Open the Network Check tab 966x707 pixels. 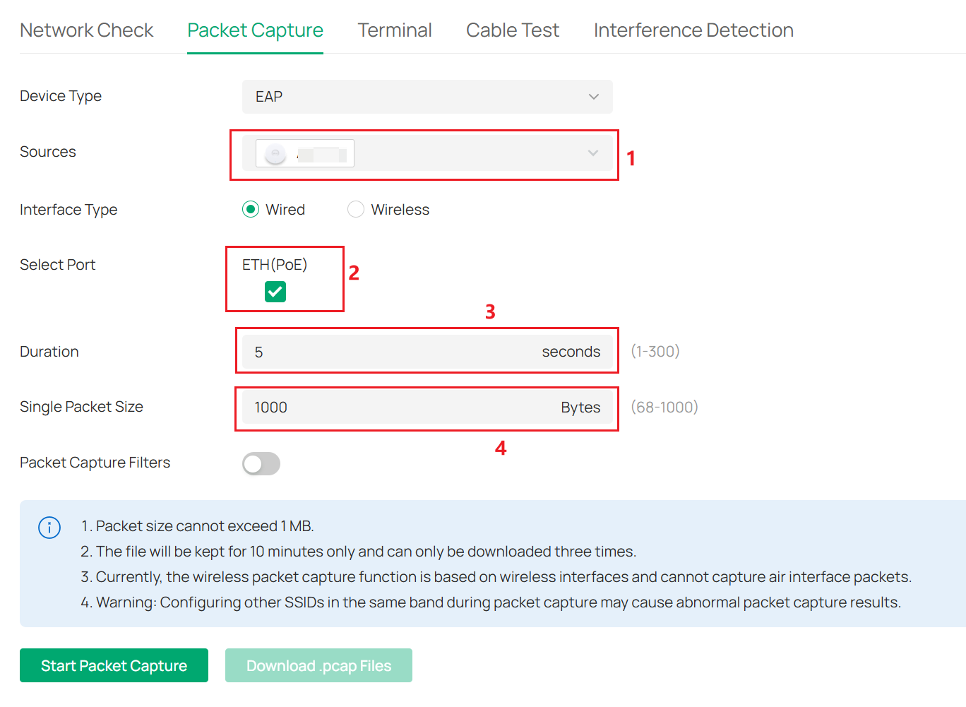pos(86,30)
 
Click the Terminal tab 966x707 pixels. pos(394,30)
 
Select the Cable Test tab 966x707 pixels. pos(512,30)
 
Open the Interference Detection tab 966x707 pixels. pos(693,30)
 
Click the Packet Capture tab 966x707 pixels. pos(255,30)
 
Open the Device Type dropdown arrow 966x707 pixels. pos(594,97)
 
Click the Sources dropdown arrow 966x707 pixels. pos(593,153)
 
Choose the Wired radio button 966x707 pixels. pos(251,210)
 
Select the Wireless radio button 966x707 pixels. pos(356,210)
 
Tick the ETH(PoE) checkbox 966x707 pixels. pos(275,292)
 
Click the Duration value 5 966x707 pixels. pos(259,352)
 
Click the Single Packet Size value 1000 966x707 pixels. pos(271,408)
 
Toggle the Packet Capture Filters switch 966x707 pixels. pos(261,463)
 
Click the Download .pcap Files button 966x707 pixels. pos(318,665)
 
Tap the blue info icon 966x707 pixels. pos(49,527)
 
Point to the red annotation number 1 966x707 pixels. pos(631,158)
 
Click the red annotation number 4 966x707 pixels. pos(501,448)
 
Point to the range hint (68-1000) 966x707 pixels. pos(664,408)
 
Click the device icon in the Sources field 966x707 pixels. pos(275,154)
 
